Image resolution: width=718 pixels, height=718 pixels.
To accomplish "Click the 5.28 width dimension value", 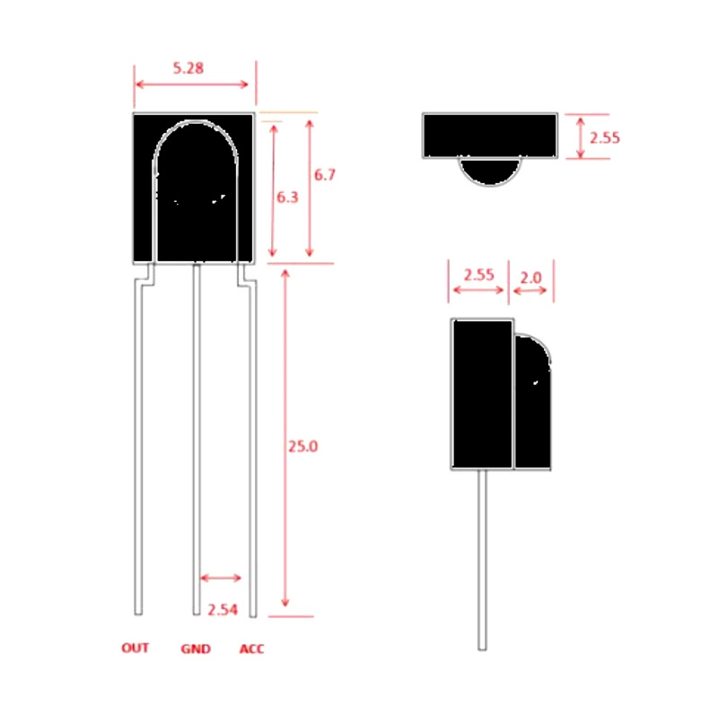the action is [x=188, y=68].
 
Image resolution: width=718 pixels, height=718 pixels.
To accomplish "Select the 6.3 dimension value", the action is [x=287, y=197].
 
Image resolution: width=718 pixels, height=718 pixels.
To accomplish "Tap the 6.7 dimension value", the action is [x=325, y=174].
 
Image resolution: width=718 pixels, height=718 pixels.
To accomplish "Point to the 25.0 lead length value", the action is [x=302, y=446].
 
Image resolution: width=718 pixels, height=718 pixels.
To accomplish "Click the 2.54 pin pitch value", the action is [x=223, y=609].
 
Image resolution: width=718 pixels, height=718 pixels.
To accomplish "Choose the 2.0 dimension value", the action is [x=530, y=277].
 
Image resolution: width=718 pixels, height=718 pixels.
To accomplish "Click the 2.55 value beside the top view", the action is [x=604, y=138].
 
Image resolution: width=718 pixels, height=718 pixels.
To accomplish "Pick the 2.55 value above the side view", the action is [x=479, y=275].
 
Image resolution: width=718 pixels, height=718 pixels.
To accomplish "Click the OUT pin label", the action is [x=136, y=648].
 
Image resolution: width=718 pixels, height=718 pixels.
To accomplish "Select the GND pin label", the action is [x=196, y=649].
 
